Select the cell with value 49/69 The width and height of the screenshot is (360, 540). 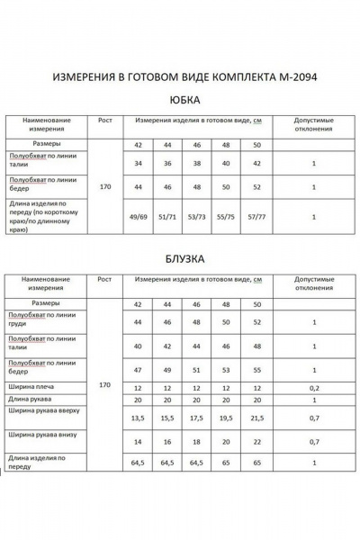[x=139, y=215]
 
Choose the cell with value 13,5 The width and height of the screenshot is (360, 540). [x=139, y=418]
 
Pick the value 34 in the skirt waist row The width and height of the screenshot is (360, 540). [x=139, y=164]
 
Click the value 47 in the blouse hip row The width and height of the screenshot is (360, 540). [x=139, y=369]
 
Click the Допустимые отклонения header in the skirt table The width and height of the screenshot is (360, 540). [x=312, y=123]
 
